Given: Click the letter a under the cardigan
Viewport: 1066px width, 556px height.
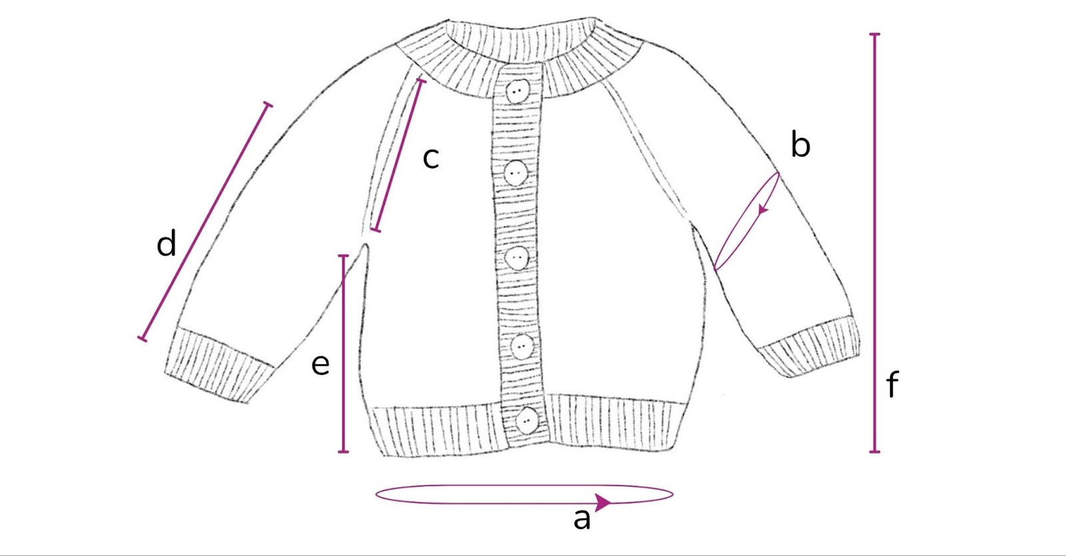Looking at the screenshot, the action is tap(582, 519).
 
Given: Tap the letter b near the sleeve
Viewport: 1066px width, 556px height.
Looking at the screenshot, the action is tap(800, 143).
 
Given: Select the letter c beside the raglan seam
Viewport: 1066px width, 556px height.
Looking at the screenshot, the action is tap(430, 158).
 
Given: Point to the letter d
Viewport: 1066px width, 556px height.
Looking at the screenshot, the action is tap(167, 243).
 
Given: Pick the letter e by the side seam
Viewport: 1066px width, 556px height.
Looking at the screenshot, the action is tap(320, 365).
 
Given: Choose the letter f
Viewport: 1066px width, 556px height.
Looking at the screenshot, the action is tap(893, 385).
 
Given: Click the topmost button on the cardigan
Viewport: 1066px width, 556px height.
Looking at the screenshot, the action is tap(518, 91).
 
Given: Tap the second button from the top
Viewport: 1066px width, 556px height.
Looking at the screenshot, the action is tap(516, 172).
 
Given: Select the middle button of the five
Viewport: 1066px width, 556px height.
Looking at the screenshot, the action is tap(517, 258).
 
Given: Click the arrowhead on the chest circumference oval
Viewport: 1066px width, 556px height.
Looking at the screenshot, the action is tap(602, 502).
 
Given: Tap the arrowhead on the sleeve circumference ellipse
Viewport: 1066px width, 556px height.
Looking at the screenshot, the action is tap(763, 208).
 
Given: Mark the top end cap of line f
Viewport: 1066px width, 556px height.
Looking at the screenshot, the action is tap(874, 34).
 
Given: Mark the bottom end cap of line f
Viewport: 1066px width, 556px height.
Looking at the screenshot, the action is tap(874, 451).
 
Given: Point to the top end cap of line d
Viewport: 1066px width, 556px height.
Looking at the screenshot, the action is tap(268, 104).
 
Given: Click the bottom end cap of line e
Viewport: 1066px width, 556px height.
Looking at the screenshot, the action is tap(343, 451).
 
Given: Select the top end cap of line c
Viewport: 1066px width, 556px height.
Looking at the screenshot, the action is tap(420, 81).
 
